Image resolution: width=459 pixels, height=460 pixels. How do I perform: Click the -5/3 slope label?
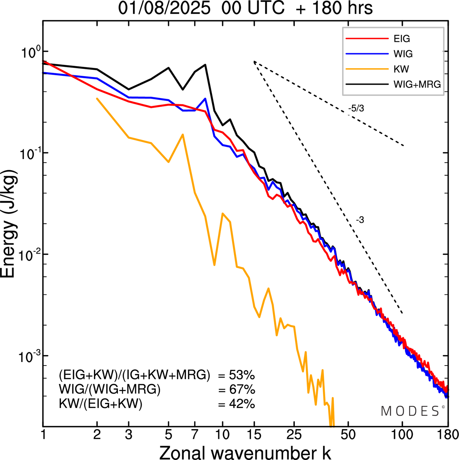[356, 108]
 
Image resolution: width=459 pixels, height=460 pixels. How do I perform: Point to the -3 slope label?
[360, 220]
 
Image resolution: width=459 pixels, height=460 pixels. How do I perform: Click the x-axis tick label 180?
[448, 435]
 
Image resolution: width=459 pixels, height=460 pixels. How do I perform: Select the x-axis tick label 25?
[294, 435]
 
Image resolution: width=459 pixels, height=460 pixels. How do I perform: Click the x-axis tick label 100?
[402, 435]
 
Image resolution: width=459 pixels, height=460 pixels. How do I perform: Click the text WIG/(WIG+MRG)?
[110, 389]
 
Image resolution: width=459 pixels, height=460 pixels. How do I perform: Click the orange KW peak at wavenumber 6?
[183, 135]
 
